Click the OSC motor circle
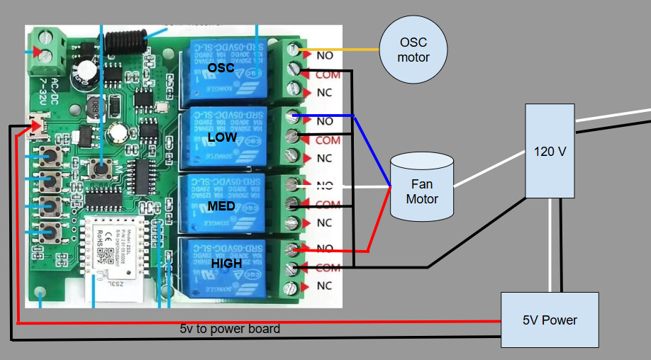pos(413,50)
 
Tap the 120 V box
pos(549,151)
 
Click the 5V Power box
pos(550,320)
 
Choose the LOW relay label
pos(221,137)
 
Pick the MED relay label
pos(221,206)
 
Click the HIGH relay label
pos(226,263)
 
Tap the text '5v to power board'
pos(230,329)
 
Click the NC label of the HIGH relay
pos(324,286)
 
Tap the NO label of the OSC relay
pos(325,55)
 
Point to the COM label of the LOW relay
pos(328,140)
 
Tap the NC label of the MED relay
pos(324,223)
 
